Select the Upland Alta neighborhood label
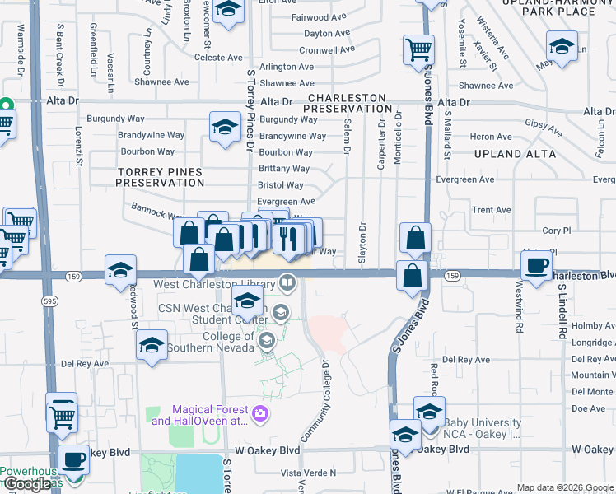tap(515, 154)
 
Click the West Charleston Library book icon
tap(287, 283)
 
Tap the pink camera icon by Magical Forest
tap(261, 414)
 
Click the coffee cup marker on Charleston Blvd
tap(537, 266)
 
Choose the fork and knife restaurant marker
tap(287, 237)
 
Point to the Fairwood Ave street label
tap(320, 16)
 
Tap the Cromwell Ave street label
tap(326, 49)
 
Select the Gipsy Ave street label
tap(543, 128)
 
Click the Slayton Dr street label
tap(362, 242)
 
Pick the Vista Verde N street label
tap(308, 473)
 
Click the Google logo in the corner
tap(28, 484)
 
